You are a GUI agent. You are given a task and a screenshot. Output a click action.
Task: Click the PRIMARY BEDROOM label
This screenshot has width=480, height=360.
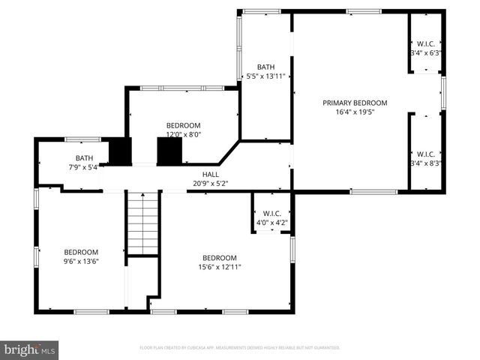pos(355,103)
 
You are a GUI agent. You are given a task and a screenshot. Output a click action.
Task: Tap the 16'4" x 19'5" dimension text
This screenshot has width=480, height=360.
pos(355,112)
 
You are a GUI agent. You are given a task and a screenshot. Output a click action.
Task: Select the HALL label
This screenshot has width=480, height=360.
pos(210,174)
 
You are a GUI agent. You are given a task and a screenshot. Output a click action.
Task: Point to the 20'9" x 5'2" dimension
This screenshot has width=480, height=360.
pos(210,183)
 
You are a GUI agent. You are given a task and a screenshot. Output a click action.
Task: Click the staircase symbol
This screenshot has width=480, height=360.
pos(142,223)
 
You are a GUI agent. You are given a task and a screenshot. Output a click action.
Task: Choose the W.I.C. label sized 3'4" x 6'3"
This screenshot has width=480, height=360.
pos(425,43)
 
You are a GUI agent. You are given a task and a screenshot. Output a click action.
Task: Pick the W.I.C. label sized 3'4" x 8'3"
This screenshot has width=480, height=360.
pos(425,154)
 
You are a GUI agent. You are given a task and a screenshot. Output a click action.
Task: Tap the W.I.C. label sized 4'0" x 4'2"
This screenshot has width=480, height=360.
pos(271,213)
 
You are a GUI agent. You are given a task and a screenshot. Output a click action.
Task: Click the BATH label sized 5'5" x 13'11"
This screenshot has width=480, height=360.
pos(265,67)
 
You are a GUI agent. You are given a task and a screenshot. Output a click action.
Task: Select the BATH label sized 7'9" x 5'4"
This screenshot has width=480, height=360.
pos(83,157)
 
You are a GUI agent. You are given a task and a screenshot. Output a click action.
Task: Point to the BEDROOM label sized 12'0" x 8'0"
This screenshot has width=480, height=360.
pos(183,125)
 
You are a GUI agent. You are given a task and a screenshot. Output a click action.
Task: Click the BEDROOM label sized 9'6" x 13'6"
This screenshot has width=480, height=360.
pos(81,252)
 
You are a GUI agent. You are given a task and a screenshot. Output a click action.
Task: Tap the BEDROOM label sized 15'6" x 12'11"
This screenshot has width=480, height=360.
pos(217,257)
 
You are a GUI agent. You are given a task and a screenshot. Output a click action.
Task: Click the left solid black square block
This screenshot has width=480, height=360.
pos(120,151)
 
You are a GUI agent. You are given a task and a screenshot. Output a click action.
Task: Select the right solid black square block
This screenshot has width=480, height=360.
pos(169,151)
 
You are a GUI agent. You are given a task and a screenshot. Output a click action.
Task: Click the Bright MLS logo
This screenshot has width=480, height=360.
pos(30,349)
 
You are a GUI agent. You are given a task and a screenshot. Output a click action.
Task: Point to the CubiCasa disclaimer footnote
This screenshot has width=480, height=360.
pos(240,348)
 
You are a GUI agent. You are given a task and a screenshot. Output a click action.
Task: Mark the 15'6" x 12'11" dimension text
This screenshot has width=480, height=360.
pos(217,266)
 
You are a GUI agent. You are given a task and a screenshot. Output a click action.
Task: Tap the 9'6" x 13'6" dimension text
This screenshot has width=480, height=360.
pos(81,262)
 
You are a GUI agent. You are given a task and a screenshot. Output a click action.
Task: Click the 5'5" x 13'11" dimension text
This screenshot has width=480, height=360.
pos(265,76)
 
